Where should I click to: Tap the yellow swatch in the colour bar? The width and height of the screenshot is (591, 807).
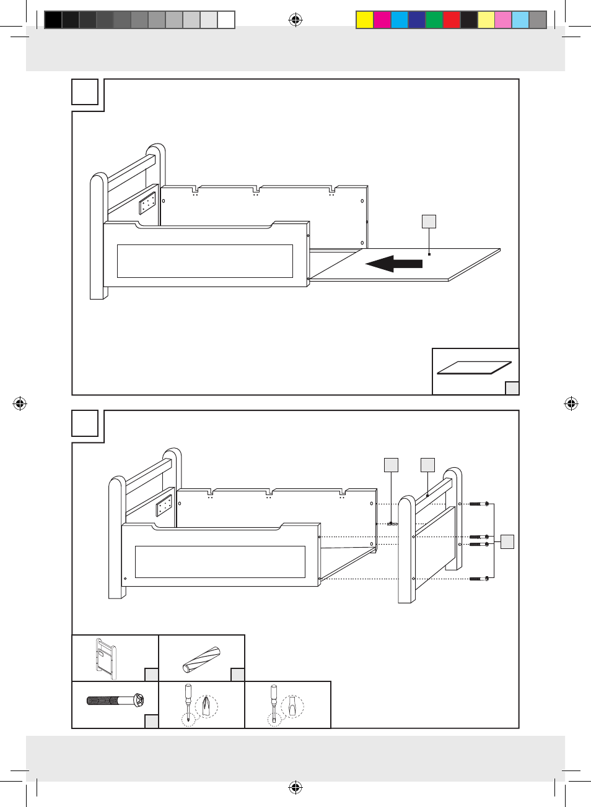pos(364,20)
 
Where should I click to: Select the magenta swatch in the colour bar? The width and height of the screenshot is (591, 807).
pos(382,20)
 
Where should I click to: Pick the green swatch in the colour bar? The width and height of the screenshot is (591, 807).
pos(434,20)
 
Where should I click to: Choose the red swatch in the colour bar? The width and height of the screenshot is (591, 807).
pos(451,20)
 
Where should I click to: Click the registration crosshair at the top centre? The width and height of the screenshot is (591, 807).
pos(295,20)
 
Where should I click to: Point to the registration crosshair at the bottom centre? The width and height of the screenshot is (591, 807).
pos(295,788)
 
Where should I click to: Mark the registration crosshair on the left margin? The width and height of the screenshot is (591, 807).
pos(20,404)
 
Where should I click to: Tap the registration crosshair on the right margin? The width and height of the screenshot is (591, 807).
pos(571,404)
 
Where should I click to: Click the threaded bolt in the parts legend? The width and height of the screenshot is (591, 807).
pos(115,701)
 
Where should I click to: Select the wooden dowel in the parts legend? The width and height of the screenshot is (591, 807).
pos(201,660)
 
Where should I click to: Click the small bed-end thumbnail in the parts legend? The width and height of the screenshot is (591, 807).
pos(105,655)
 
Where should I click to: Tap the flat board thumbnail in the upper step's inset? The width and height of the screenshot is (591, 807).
pos(475,368)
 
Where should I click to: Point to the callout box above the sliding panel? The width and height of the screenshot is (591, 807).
pos(429,222)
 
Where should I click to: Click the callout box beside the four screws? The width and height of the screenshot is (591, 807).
pos(507,542)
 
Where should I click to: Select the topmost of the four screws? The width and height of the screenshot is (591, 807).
pos(479,504)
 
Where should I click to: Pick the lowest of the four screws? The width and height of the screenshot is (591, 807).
pos(479,579)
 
